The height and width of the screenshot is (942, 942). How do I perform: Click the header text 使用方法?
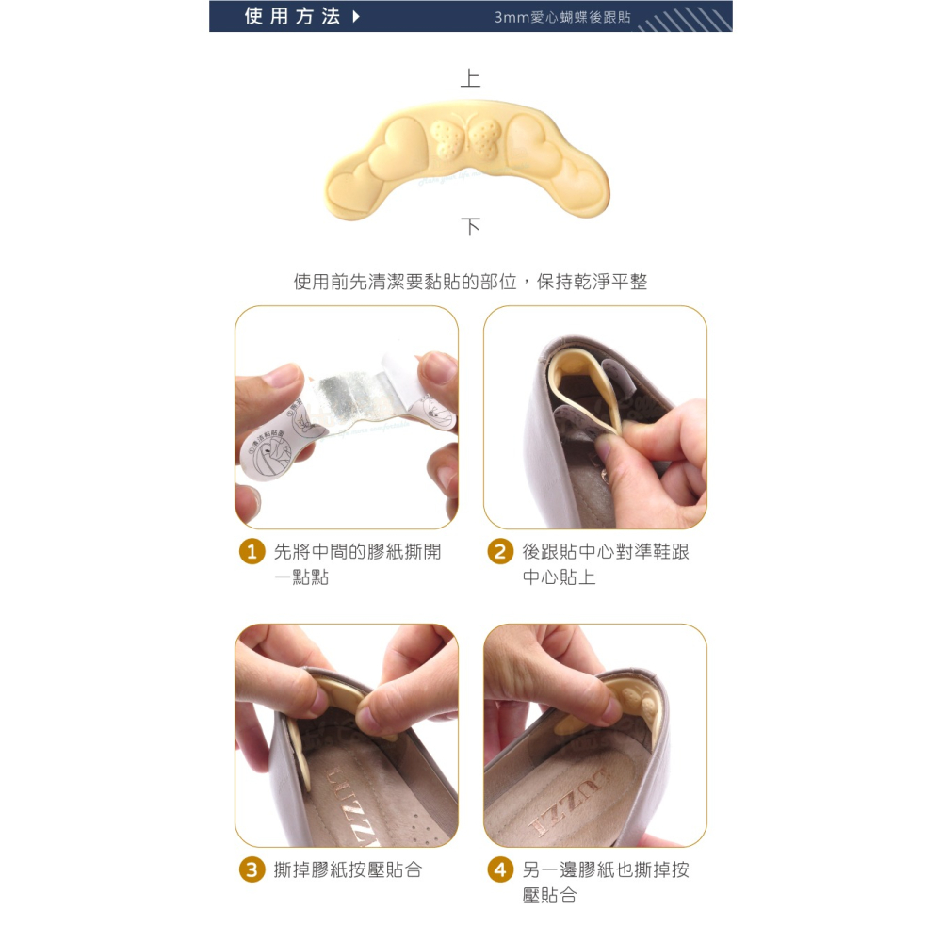pos(291,16)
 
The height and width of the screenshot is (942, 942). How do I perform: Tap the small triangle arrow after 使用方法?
pos(355,16)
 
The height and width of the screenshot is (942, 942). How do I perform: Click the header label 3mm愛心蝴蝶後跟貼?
pos(562,17)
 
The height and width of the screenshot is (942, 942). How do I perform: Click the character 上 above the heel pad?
pos(470,78)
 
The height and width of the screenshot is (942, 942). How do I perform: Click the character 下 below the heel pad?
pos(470,226)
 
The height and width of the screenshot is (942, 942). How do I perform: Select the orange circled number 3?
pos(251,869)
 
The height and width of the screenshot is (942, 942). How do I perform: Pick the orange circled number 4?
pos(500,869)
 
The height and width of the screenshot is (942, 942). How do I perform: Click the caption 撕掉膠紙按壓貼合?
pos(347,869)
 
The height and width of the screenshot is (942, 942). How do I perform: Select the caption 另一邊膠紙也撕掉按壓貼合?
pos(605,882)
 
